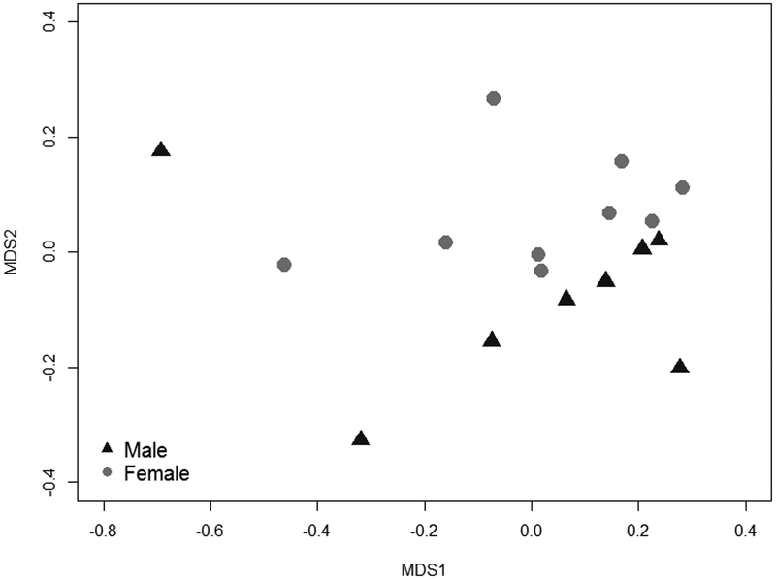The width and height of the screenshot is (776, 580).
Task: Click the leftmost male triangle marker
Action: pos(161,149)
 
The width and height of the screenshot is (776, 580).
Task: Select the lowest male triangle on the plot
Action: pos(361,438)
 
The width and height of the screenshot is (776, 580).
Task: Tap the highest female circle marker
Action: pos(493,99)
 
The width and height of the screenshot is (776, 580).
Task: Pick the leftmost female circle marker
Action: pos(284,265)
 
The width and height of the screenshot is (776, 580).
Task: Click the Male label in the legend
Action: pos(145,450)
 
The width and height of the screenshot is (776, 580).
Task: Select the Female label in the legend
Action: pos(156,473)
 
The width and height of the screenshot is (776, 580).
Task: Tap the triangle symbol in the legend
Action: pos(109,449)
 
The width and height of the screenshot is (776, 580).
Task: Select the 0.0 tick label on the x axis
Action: pos(531,532)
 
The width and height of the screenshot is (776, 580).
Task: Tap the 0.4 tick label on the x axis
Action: pos(744,532)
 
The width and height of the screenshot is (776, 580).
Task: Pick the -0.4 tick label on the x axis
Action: pos(316,532)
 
